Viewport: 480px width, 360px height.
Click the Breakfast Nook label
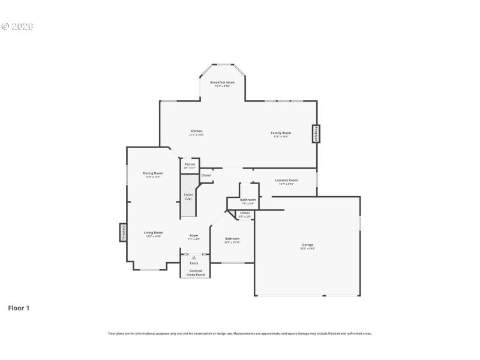[x=222, y=82]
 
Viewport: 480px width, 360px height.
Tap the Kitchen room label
[x=196, y=131]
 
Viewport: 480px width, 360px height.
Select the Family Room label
[x=281, y=133]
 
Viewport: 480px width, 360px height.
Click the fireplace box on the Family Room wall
[x=315, y=133]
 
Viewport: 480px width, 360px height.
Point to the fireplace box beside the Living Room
[x=122, y=232]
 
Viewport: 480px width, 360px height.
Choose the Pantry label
[x=190, y=164]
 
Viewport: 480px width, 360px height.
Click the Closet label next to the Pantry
[x=206, y=175]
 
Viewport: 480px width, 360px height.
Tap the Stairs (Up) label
[x=188, y=196]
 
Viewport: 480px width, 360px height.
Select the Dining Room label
[x=153, y=173]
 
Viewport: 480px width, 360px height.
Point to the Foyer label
[x=194, y=235]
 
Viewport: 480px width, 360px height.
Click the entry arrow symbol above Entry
[x=194, y=257]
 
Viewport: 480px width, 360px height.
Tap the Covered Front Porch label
[x=196, y=272]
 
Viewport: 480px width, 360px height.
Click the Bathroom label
[x=248, y=199]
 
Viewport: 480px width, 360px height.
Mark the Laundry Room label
[x=286, y=180]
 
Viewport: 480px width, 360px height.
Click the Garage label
[x=307, y=244]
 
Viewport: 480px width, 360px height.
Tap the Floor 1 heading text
[x=18, y=308]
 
